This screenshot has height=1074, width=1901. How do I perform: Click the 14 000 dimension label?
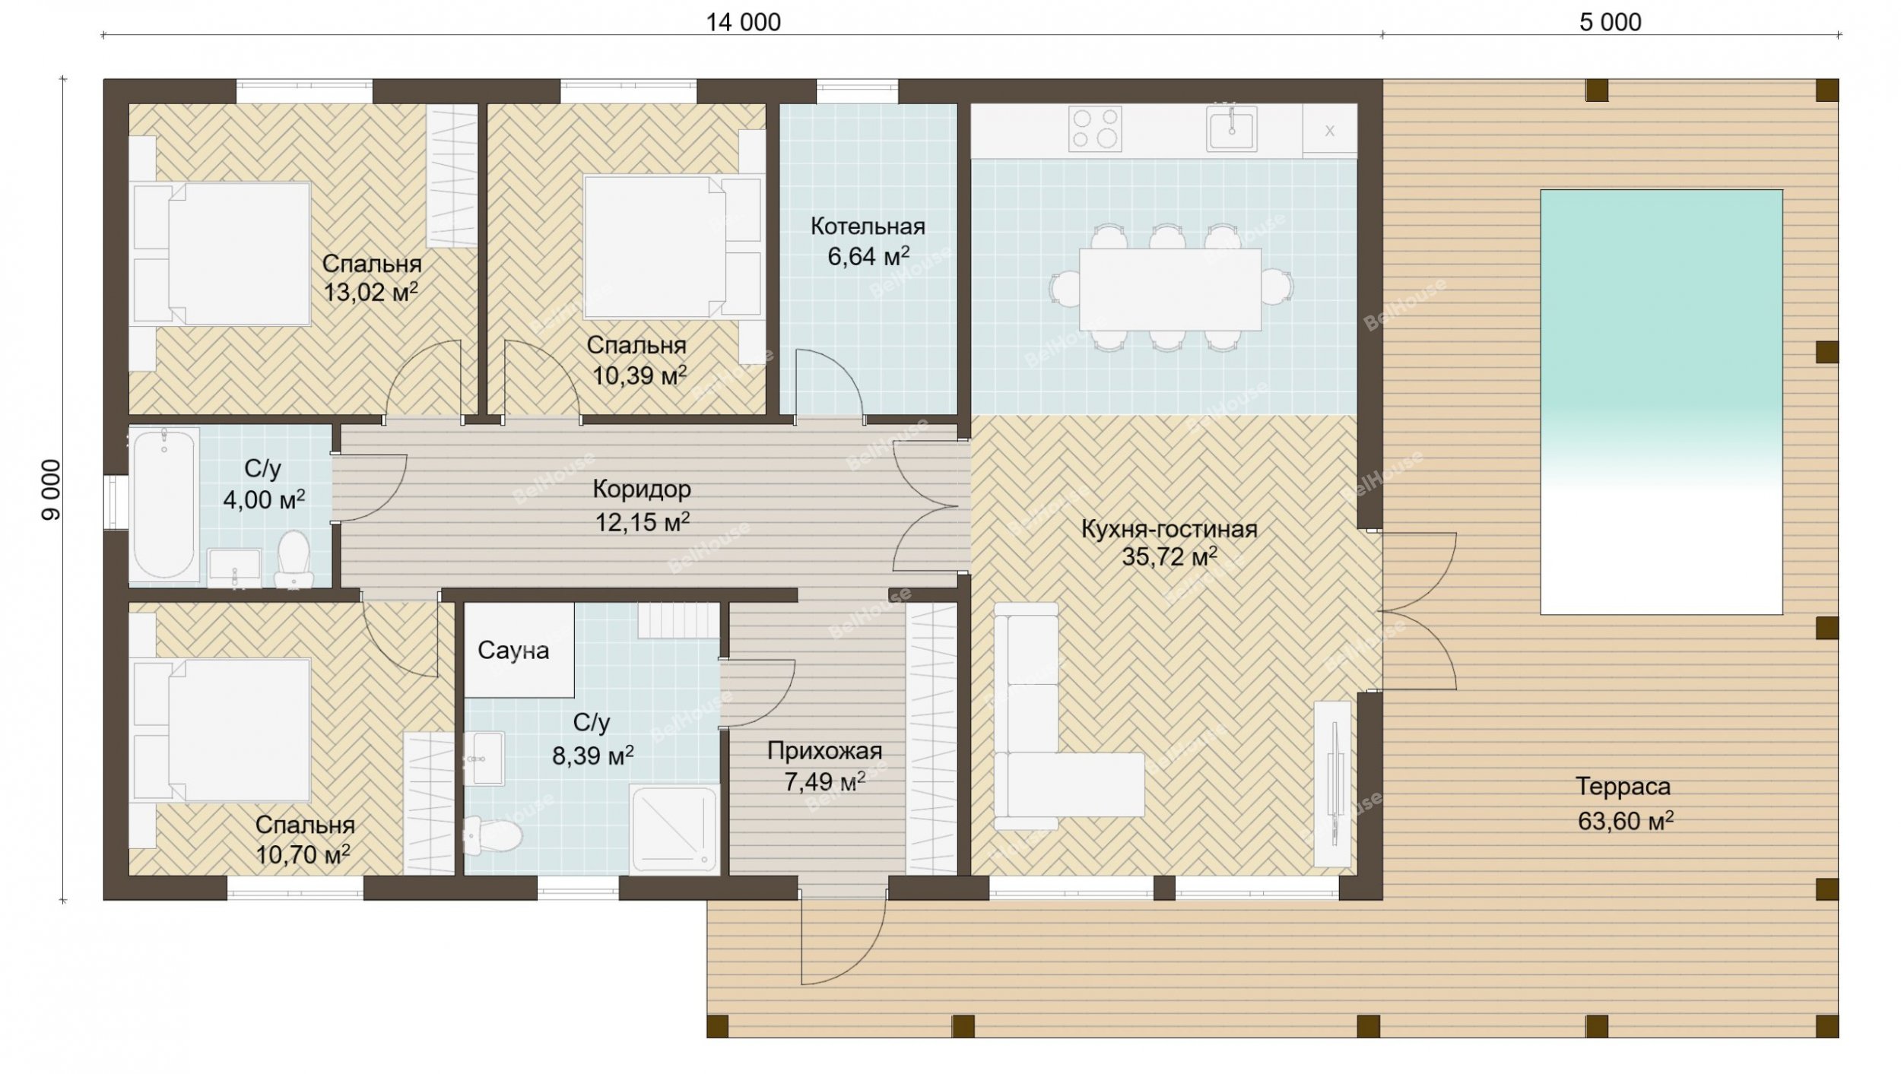click(x=743, y=23)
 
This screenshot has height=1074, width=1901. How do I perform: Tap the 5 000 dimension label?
click(x=1611, y=23)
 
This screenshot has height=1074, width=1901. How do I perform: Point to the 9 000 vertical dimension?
click(x=51, y=489)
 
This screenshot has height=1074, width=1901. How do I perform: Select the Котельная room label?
click(x=868, y=227)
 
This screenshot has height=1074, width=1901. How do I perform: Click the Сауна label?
click(x=513, y=651)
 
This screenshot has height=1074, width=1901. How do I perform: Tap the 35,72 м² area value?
click(x=1169, y=556)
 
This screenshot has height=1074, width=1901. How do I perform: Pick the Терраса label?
click(x=1623, y=786)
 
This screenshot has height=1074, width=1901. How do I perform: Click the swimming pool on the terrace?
click(x=1661, y=401)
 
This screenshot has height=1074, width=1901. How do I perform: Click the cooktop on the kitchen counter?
click(x=1094, y=128)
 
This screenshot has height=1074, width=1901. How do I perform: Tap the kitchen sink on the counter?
click(x=1231, y=128)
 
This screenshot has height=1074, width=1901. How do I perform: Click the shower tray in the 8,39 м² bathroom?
click(x=674, y=830)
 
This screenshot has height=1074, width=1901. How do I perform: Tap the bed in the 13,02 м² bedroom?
click(x=222, y=254)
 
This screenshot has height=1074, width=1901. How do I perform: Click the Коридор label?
click(x=642, y=489)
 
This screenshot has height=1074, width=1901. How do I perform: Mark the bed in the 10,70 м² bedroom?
click(x=222, y=730)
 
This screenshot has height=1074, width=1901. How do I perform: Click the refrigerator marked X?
click(x=1330, y=131)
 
